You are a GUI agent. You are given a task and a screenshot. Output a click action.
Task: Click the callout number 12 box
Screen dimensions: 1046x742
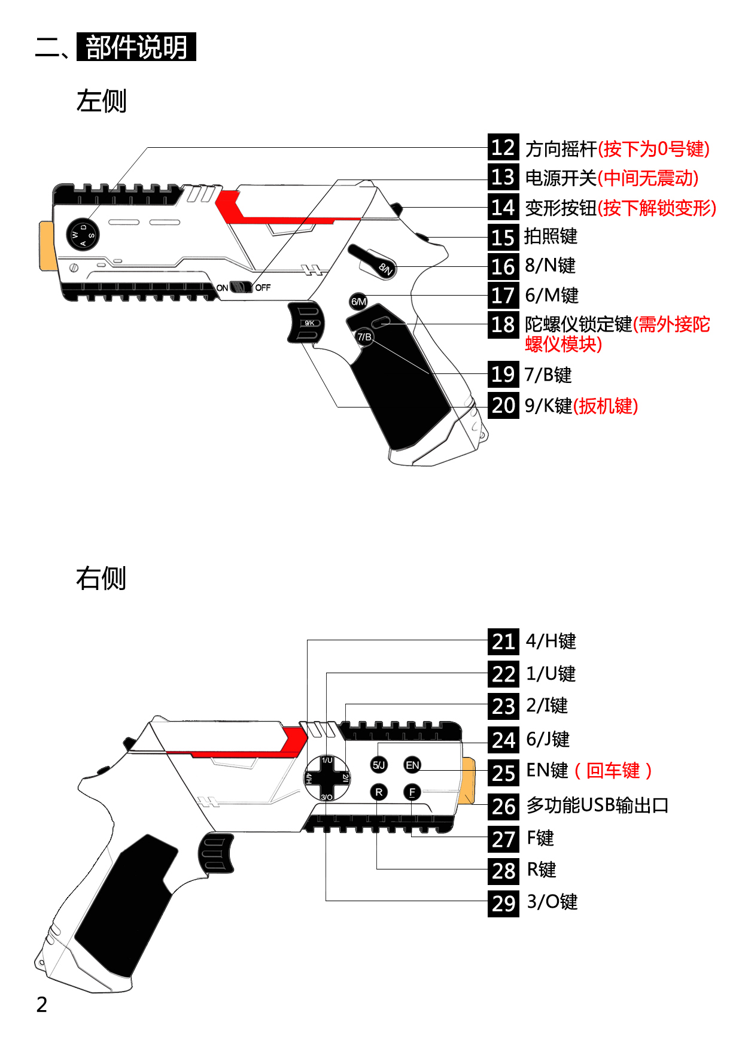click(x=503, y=148)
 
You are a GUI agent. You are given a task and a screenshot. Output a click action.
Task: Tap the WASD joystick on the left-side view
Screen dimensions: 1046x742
click(x=83, y=235)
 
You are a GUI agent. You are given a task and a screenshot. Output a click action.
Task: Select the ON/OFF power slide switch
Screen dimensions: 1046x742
click(x=241, y=287)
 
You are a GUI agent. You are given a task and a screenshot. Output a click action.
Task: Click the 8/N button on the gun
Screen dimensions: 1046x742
click(x=385, y=268)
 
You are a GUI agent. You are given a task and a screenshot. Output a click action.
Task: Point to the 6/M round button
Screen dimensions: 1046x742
click(x=358, y=302)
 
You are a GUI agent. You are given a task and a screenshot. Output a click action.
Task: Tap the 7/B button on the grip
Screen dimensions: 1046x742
click(x=364, y=337)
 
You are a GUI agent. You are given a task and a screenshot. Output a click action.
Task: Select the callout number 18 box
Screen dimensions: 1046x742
click(x=503, y=325)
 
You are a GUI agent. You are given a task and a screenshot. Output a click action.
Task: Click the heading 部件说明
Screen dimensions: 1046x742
click(x=136, y=47)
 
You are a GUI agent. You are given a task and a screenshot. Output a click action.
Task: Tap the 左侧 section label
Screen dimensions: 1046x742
click(x=101, y=101)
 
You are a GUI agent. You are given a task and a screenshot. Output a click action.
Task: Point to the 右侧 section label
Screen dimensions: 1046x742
click(x=101, y=579)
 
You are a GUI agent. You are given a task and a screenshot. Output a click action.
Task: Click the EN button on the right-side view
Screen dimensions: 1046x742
click(x=412, y=765)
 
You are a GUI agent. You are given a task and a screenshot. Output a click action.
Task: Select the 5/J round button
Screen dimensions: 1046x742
click(x=379, y=765)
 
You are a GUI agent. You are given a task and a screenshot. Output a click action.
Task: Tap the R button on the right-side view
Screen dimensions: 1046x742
click(x=379, y=792)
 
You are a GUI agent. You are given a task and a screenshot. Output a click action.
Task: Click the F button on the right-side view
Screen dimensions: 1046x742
click(x=412, y=792)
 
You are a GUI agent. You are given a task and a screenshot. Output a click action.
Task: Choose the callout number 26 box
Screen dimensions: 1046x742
click(x=503, y=806)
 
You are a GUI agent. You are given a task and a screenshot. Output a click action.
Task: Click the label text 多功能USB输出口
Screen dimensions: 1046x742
click(x=597, y=805)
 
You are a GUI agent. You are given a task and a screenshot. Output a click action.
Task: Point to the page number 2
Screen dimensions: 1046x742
click(x=41, y=1005)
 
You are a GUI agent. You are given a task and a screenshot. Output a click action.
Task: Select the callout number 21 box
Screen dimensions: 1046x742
click(x=503, y=641)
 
